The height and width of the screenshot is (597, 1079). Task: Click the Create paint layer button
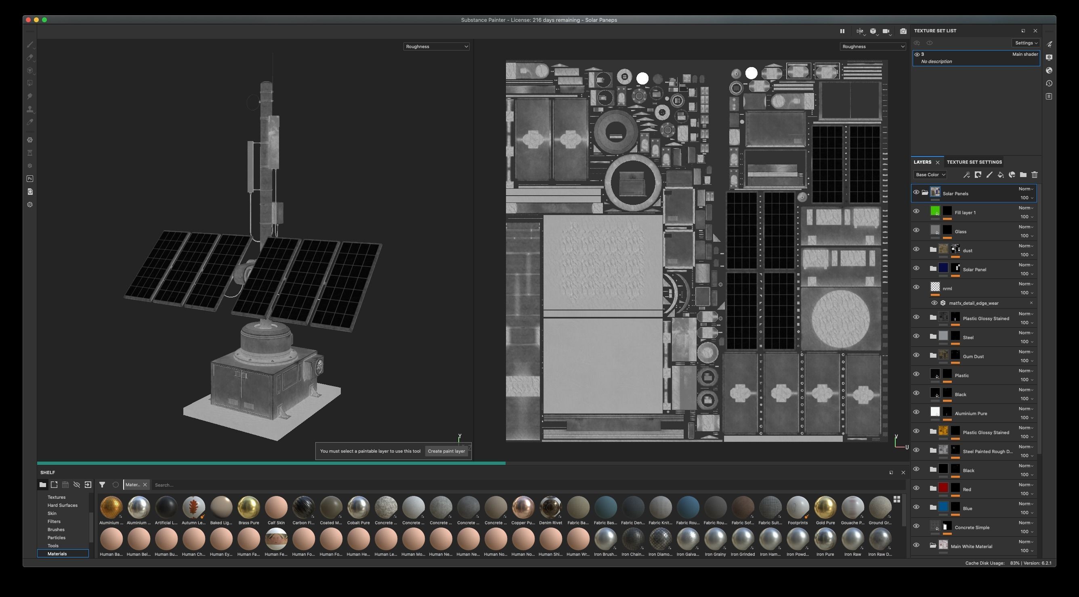pyautogui.click(x=446, y=451)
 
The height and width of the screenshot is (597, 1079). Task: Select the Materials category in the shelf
pyautogui.click(x=57, y=554)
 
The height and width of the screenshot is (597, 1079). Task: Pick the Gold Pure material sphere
pyautogui.click(x=825, y=507)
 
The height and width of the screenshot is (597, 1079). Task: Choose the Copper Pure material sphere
pyautogui.click(x=523, y=507)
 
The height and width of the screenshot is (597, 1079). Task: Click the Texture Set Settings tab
pyautogui.click(x=974, y=162)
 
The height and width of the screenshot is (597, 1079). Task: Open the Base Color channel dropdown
pyautogui.click(x=930, y=175)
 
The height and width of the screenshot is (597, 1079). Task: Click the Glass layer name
pyautogui.click(x=960, y=232)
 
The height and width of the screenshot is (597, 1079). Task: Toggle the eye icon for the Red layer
pyautogui.click(x=916, y=488)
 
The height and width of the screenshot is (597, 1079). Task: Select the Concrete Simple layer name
pyautogui.click(x=972, y=527)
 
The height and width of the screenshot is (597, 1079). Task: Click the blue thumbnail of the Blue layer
pyautogui.click(x=943, y=507)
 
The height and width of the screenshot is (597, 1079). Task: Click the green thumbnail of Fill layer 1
pyautogui.click(x=935, y=211)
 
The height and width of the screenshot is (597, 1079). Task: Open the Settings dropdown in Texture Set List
pyautogui.click(x=1026, y=43)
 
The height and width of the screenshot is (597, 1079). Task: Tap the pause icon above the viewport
pyautogui.click(x=842, y=31)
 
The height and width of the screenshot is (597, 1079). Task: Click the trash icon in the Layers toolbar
pyautogui.click(x=1034, y=175)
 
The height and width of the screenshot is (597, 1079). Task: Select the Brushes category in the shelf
pyautogui.click(x=56, y=529)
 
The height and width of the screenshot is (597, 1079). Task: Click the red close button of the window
pyautogui.click(x=28, y=20)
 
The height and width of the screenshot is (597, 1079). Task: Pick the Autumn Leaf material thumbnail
pyautogui.click(x=193, y=507)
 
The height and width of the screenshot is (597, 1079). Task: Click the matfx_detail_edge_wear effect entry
pyautogui.click(x=974, y=303)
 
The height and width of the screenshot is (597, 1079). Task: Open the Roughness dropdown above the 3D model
pyautogui.click(x=436, y=46)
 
